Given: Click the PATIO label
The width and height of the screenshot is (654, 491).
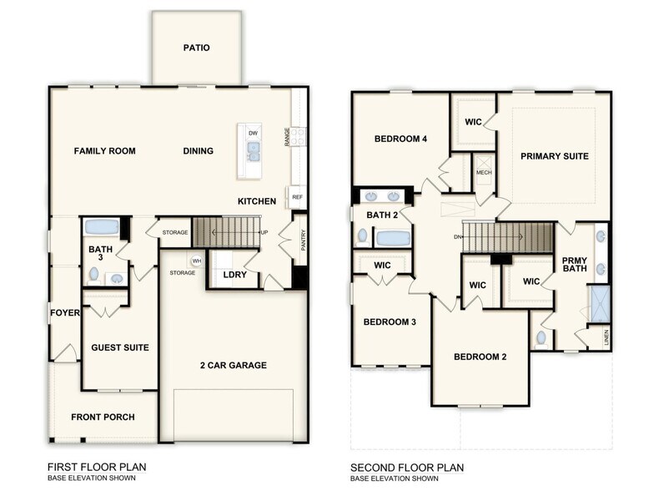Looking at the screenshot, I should [196, 48].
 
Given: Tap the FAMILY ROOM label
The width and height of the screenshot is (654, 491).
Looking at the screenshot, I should [104, 151].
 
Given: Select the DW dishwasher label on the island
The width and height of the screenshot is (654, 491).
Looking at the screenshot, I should [254, 133].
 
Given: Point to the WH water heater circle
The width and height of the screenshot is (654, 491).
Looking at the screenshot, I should [197, 261].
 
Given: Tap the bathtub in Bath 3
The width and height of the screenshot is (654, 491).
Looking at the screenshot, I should [102, 226].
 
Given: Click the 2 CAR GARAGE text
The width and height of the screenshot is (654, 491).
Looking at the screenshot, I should [233, 365].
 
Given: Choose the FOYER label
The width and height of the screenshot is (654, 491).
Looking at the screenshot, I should [64, 313].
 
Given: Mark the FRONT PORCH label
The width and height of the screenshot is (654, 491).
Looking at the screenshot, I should [103, 417].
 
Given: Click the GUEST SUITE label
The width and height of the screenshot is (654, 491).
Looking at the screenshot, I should [119, 347].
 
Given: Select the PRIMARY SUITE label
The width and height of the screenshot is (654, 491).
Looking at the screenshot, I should [555, 156].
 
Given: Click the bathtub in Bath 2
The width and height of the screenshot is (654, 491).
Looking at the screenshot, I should [392, 238].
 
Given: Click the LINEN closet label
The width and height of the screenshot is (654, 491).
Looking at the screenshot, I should [606, 337].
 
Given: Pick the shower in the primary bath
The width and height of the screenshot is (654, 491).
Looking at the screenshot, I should [599, 304].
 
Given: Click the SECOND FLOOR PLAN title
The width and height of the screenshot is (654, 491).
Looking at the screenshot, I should [406, 468].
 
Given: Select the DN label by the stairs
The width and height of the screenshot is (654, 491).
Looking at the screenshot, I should [458, 236].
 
